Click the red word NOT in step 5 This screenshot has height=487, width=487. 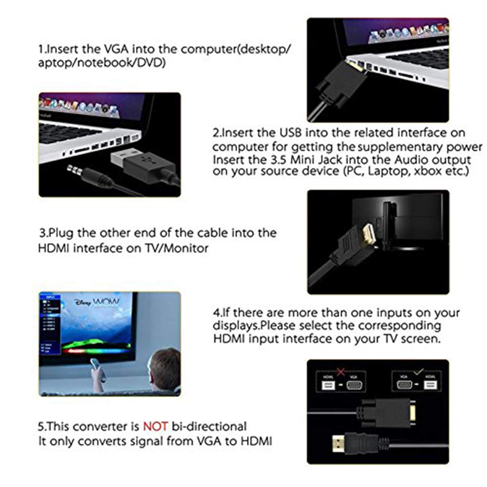point(155,427)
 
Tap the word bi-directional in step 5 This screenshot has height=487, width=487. point(209,427)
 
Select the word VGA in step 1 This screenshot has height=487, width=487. point(112,49)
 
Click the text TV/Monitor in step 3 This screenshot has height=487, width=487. point(177,248)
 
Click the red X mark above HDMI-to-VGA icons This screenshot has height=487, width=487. point(340,372)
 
